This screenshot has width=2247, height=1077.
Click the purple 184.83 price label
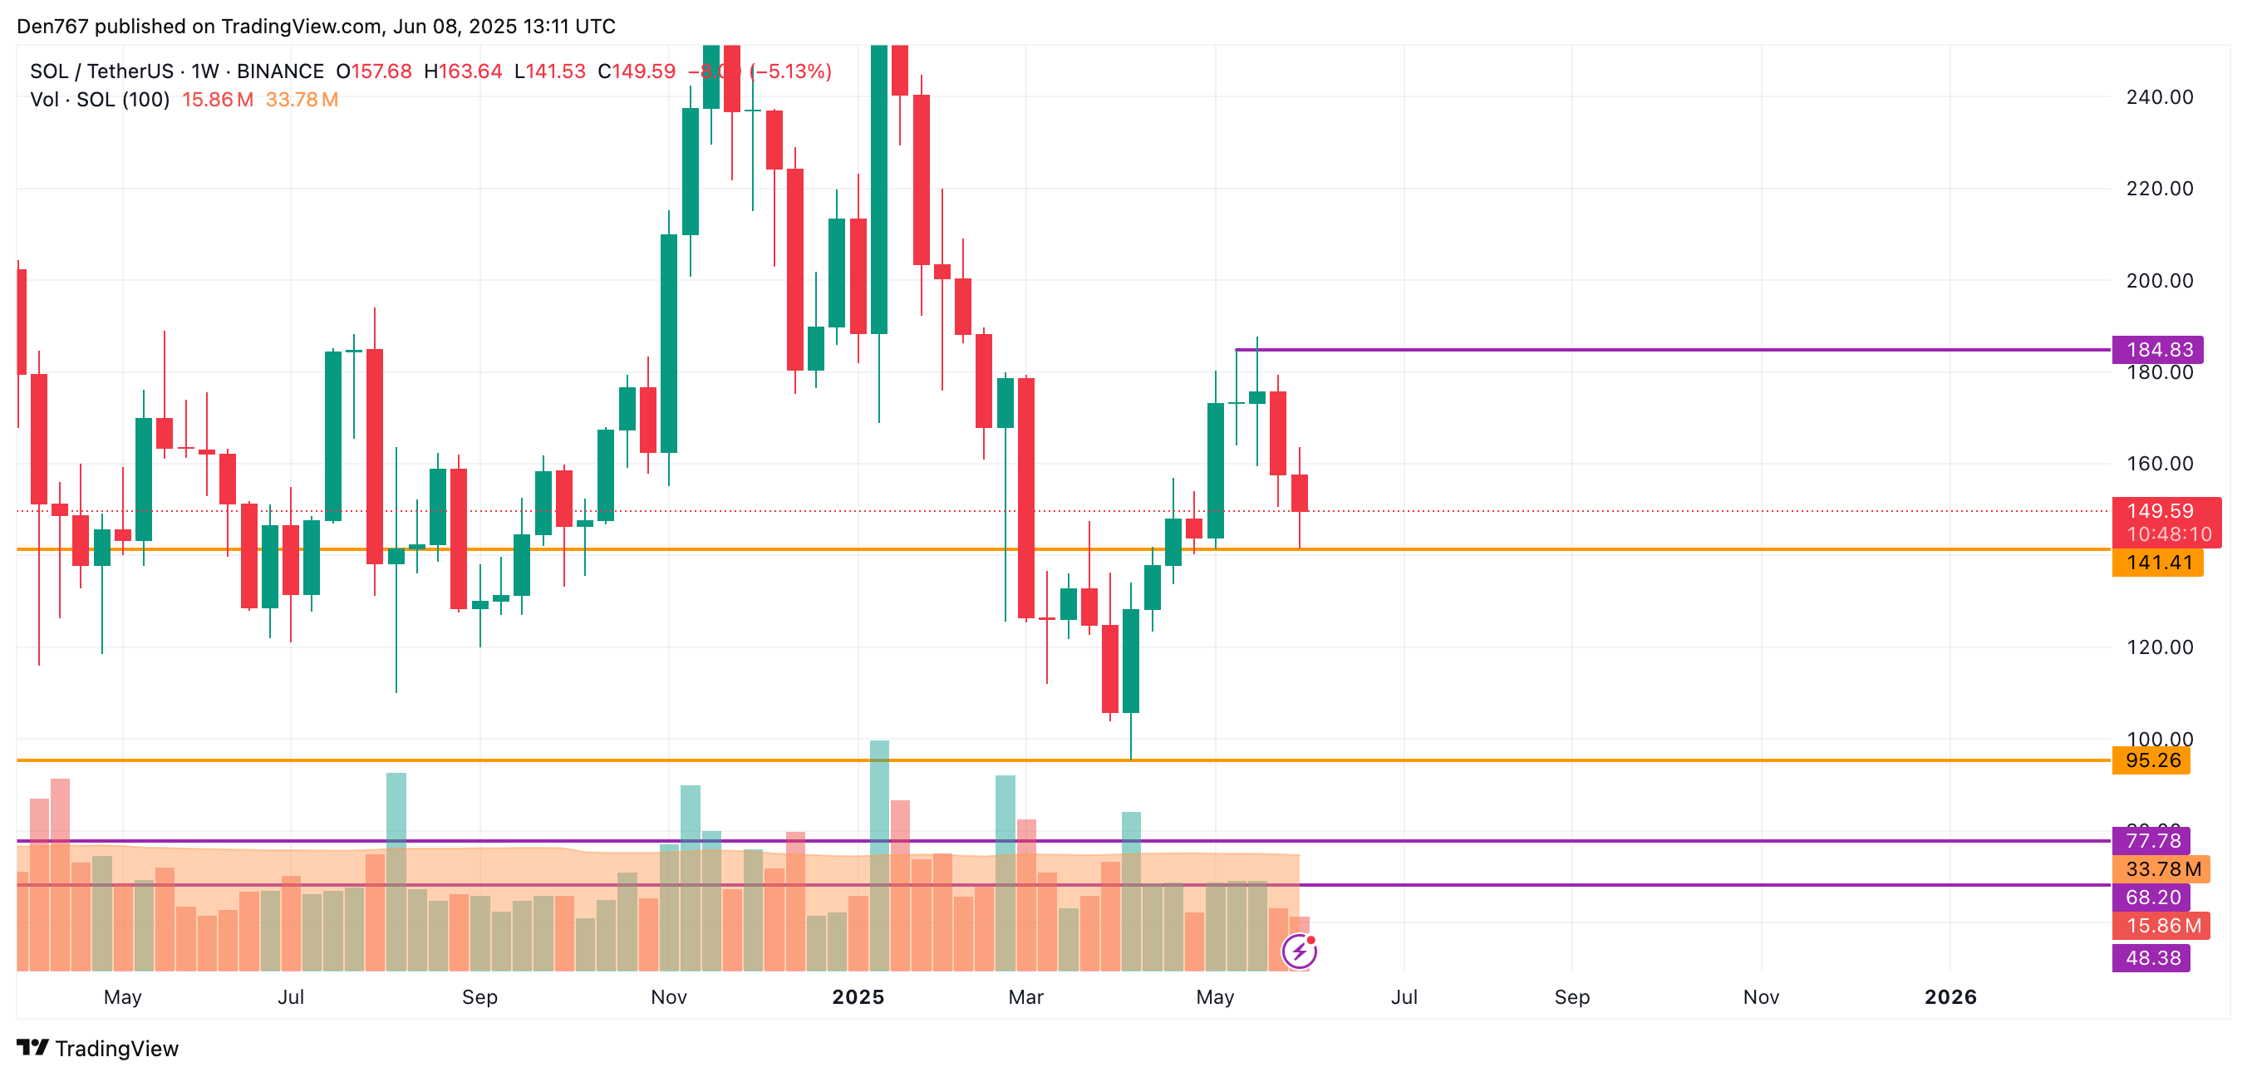[2158, 350]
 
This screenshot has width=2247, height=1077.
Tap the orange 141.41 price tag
[2158, 563]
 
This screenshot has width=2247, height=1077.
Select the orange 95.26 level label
[2152, 760]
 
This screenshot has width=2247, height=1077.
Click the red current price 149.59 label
[2160, 511]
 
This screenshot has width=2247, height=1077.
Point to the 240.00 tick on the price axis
[2159, 96]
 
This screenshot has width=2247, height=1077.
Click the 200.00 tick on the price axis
[2159, 281]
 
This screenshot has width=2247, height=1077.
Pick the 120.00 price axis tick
[2159, 647]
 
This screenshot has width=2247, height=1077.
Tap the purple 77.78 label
[2152, 841]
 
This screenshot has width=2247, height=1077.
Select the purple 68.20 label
[2152, 897]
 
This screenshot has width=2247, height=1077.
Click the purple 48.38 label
[2152, 957]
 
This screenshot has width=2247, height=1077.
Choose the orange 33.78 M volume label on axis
[2162, 869]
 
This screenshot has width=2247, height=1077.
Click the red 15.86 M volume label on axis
[2162, 926]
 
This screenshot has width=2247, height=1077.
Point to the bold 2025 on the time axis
[858, 996]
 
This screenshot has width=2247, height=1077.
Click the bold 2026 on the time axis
[1950, 996]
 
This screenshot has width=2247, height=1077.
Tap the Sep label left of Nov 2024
[479, 996]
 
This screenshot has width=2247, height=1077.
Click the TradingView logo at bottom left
[98, 1048]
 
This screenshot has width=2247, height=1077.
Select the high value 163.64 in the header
[470, 71]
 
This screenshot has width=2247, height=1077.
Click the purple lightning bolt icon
[1299, 952]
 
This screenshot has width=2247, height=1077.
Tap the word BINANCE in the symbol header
[280, 71]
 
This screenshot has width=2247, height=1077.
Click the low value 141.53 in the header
[555, 71]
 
